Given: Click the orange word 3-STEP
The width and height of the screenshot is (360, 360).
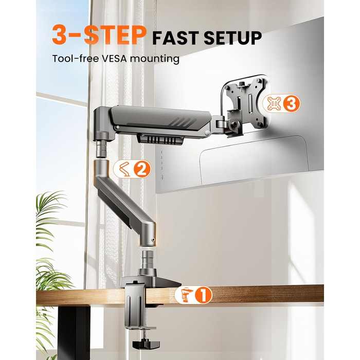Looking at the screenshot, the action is pyautogui.click(x=99, y=35).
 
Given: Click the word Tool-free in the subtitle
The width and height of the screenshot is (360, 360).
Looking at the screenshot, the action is pyautogui.click(x=75, y=59).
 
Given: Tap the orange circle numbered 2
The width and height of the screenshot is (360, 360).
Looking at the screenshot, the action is pyautogui.click(x=142, y=169).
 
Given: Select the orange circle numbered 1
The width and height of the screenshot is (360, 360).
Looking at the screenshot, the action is pyautogui.click(x=204, y=295).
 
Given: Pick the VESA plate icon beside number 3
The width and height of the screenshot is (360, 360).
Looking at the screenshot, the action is pyautogui.click(x=274, y=104).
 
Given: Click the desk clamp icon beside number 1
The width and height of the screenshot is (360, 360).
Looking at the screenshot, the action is pyautogui.click(x=186, y=295).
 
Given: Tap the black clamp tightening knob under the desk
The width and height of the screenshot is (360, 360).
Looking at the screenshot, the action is pyautogui.click(x=146, y=344).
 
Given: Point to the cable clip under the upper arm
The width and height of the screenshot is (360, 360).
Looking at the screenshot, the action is pyautogui.click(x=160, y=140).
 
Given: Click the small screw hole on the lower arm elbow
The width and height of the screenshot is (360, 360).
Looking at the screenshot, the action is pyautogui.click(x=153, y=240).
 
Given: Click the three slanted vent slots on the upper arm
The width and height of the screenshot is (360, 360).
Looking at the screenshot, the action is pyautogui.click(x=183, y=122).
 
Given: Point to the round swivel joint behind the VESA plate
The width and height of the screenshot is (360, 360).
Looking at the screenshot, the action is pyautogui.click(x=235, y=124).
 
